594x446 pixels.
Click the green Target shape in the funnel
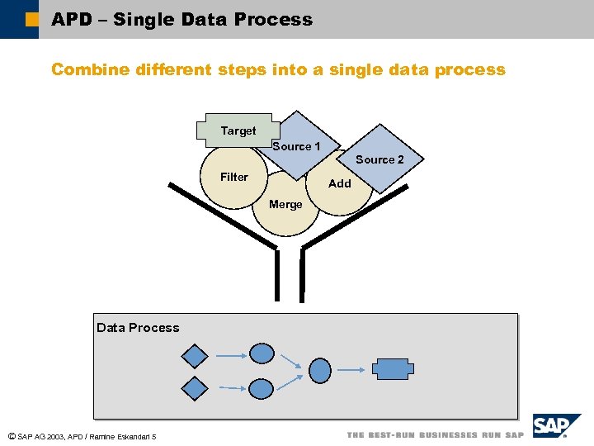[x=235, y=130]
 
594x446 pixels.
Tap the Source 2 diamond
[x=380, y=158]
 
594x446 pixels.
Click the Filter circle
[x=233, y=177]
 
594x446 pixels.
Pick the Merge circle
[x=285, y=206]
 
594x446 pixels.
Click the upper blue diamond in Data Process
[x=195, y=356]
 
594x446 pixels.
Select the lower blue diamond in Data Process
[x=195, y=388]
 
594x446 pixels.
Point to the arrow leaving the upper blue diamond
[x=229, y=356]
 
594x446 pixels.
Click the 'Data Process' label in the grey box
[x=138, y=328]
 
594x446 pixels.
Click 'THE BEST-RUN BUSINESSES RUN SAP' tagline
[x=435, y=434]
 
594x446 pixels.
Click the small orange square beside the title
[x=31, y=19]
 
